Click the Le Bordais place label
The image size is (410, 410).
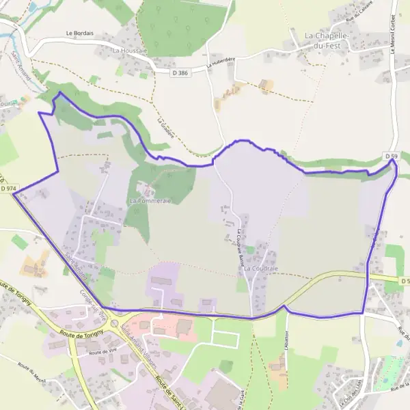pyautogui.click(x=79, y=32)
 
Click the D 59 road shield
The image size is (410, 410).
pyautogui.click(x=391, y=156)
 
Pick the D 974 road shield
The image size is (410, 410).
pyautogui.click(x=8, y=188)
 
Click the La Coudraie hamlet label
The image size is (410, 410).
pyautogui.click(x=260, y=269)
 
